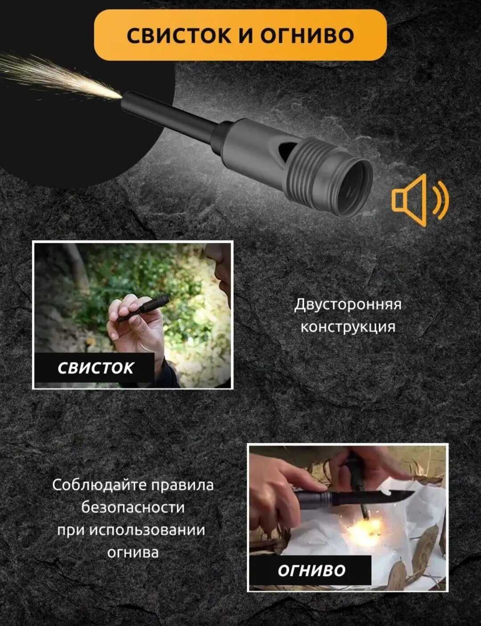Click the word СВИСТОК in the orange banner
pyautogui.click(x=179, y=36)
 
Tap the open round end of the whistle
pyautogui.click(x=354, y=188)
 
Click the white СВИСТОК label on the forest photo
pyautogui.click(x=95, y=368)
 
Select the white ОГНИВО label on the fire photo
pyautogui.click(x=311, y=570)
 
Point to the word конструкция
pyautogui.click(x=348, y=327)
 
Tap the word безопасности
pyautogui.click(x=133, y=507)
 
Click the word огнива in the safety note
pyautogui.click(x=133, y=553)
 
